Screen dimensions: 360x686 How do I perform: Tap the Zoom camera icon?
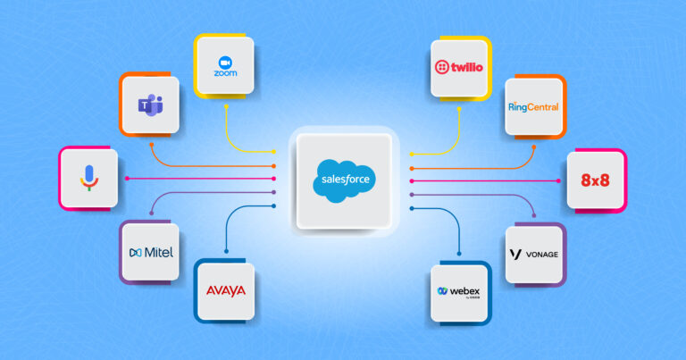(x=224, y=63)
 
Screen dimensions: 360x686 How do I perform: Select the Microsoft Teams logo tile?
(x=150, y=106)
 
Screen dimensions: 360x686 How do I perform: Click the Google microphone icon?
(x=88, y=179)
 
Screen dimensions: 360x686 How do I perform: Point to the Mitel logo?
(x=150, y=252)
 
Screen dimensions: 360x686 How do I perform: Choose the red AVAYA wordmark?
(x=224, y=291)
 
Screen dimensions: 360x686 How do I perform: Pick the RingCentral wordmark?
(x=533, y=106)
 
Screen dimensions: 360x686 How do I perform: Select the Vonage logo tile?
(x=533, y=254)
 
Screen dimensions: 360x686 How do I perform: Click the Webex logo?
(x=461, y=292)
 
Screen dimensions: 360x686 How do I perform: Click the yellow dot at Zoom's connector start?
(x=225, y=106)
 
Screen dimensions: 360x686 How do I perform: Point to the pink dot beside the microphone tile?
(x=127, y=179)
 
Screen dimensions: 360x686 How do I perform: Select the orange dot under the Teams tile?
(x=150, y=144)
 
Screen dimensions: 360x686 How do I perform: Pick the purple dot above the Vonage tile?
(x=534, y=215)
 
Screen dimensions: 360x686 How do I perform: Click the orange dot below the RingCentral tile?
(x=534, y=144)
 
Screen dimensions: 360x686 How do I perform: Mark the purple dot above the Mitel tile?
(x=150, y=215)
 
